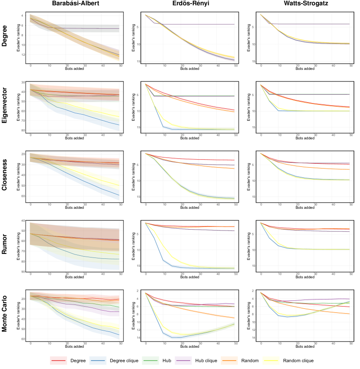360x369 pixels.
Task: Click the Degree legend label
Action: pyautogui.click(x=78, y=361)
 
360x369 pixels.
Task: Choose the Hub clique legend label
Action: pyautogui.click(x=207, y=361)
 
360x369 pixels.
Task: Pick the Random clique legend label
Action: pyautogui.click(x=298, y=361)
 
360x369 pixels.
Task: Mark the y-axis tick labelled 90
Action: pyautogui.click(x=23, y=272)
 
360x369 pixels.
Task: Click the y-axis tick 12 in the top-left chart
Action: pyautogui.click(x=23, y=55)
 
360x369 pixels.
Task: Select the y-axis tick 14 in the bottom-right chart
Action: pyautogui.click(x=253, y=338)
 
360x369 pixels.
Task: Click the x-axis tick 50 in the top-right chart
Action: pyautogui.click(x=351, y=65)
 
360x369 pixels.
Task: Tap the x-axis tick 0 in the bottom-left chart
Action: pyautogui.click(x=31, y=343)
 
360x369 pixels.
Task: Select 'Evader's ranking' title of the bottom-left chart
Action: pyautogui.click(x=18, y=316)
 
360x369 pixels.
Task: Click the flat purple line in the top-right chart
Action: pyautogui.click(x=310, y=24)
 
